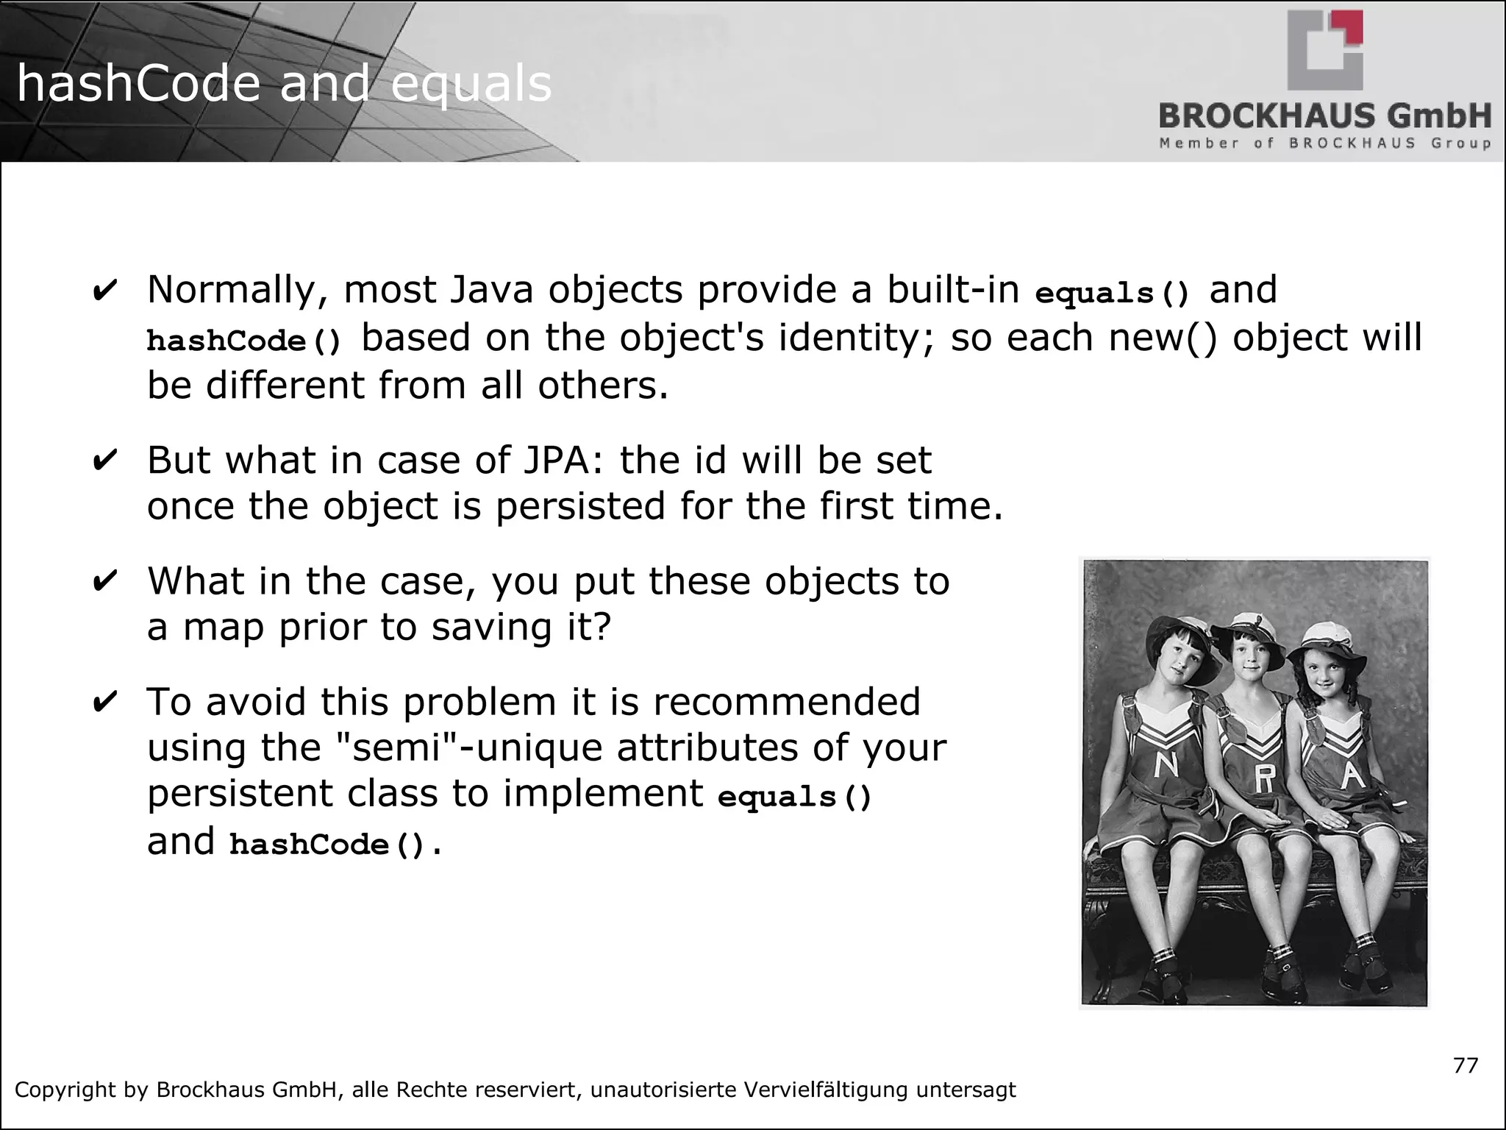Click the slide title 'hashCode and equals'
click(284, 83)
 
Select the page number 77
click(1466, 1065)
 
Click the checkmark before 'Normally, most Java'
click(105, 291)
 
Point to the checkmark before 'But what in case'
click(105, 461)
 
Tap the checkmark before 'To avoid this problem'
click(105, 703)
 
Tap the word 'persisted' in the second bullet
click(580, 507)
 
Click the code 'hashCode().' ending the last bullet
click(335, 844)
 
